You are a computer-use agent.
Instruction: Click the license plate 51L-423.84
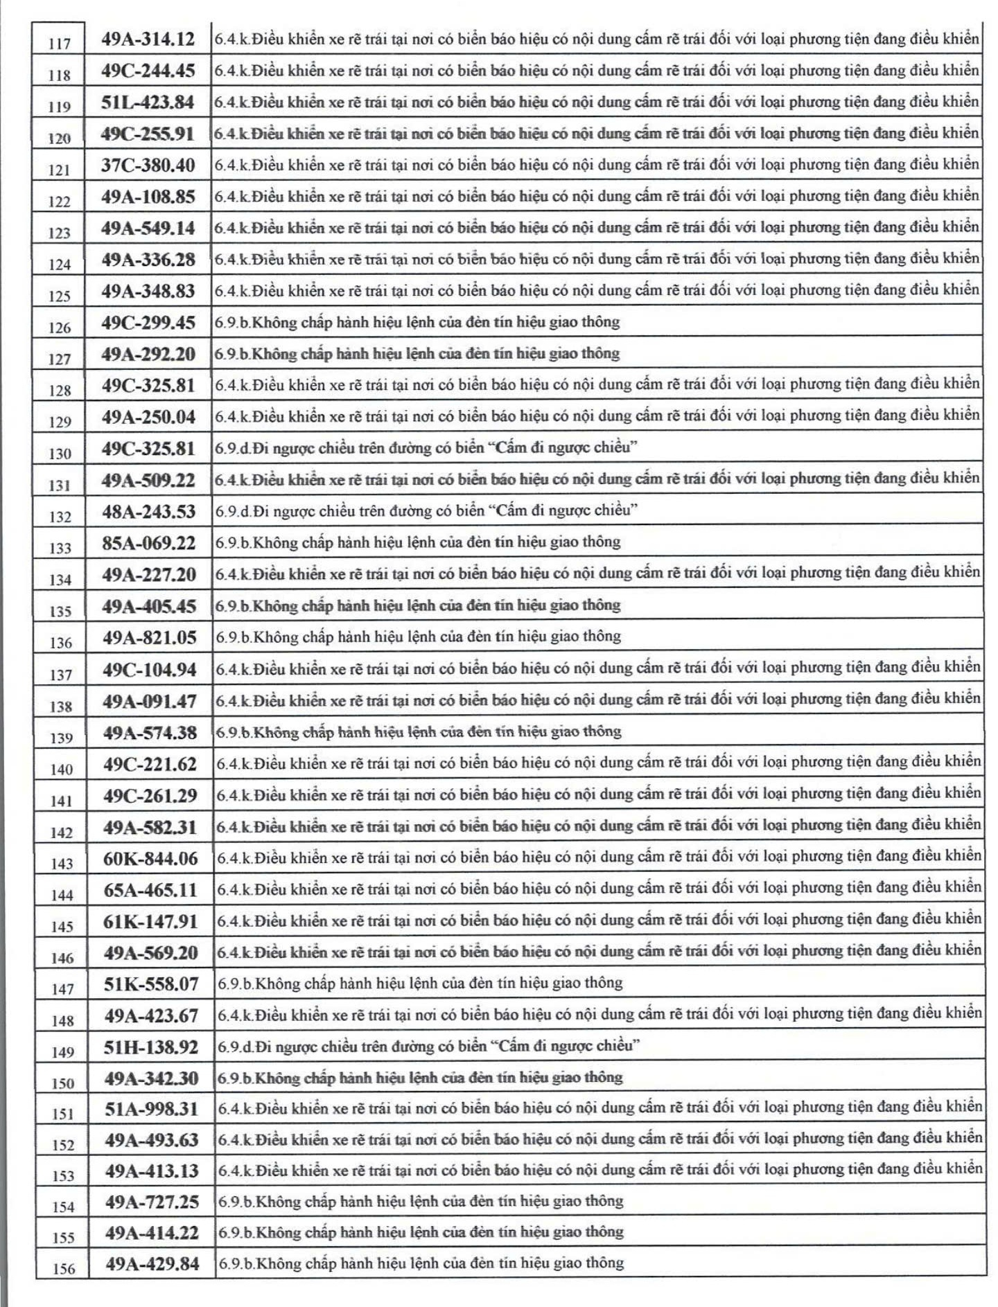pos(148,103)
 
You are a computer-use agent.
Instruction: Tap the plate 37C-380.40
pos(148,166)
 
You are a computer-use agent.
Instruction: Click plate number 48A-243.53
pos(148,512)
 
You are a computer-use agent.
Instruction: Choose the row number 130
pos(60,454)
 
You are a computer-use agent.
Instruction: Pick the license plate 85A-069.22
pos(148,543)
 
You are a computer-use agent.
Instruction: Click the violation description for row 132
pos(426,511)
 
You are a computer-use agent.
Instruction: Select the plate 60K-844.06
pos(150,859)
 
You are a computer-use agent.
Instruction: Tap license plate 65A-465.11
pos(150,890)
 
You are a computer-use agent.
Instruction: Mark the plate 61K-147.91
pos(150,922)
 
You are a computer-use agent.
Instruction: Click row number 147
pos(62,989)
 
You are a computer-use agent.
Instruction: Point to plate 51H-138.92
pos(150,1047)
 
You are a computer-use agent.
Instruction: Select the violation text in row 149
pos(428,1046)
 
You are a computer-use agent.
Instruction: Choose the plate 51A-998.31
pos(151,1110)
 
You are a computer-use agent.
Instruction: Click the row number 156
pos(63,1269)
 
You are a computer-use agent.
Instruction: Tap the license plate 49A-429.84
pos(152,1264)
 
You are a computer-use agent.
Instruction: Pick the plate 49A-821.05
pos(149,638)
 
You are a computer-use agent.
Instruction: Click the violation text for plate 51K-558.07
pos(420,983)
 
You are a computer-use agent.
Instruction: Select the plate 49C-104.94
pos(149,670)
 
